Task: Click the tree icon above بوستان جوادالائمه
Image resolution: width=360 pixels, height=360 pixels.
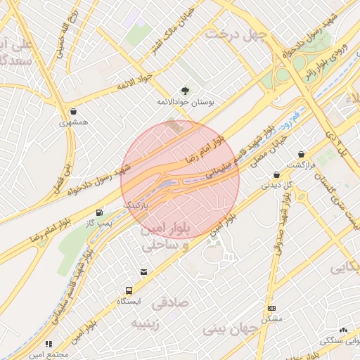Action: (185, 91)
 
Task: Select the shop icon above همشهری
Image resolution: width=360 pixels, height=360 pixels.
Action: (74, 111)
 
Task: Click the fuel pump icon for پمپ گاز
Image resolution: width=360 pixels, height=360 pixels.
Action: (99, 212)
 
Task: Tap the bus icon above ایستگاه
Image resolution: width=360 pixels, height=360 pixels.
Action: (129, 290)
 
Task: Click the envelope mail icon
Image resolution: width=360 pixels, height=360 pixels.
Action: (144, 272)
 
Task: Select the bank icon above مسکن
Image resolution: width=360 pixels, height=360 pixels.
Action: (271, 308)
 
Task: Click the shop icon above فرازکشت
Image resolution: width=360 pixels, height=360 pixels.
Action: (302, 153)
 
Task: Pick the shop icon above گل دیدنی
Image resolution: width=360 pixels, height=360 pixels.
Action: (276, 174)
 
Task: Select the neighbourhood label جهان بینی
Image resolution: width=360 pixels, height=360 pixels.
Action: (231, 328)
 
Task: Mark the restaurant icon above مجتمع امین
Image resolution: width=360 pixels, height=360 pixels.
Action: (49, 344)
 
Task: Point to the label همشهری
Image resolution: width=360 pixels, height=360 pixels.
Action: (74, 122)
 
